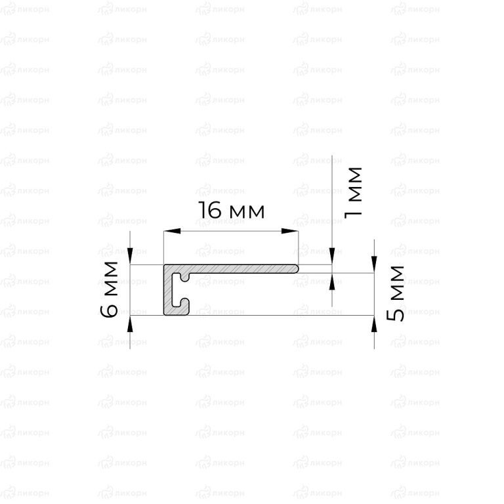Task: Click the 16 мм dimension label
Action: (232, 210)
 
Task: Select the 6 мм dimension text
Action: (109, 289)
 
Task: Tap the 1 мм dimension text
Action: (353, 193)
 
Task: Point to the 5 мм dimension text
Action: (395, 293)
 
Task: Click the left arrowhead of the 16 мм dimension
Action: (172, 231)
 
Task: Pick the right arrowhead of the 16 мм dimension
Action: (289, 231)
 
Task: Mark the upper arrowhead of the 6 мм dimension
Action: (130, 256)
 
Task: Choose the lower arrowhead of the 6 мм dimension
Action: (130, 324)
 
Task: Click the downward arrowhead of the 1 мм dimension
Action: (332, 256)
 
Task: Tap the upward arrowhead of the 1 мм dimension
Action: (332, 282)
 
